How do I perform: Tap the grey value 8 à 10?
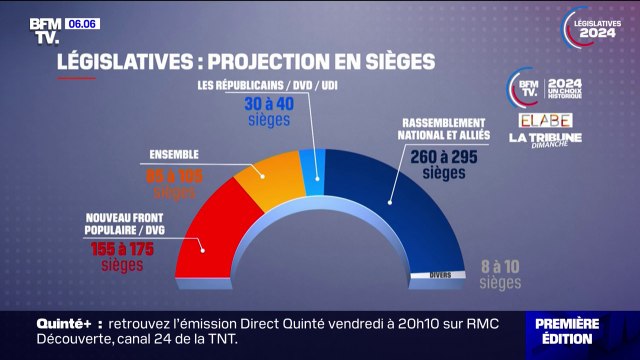(500, 267)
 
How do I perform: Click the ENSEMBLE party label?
(172, 155)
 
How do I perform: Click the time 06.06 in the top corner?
(81, 22)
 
